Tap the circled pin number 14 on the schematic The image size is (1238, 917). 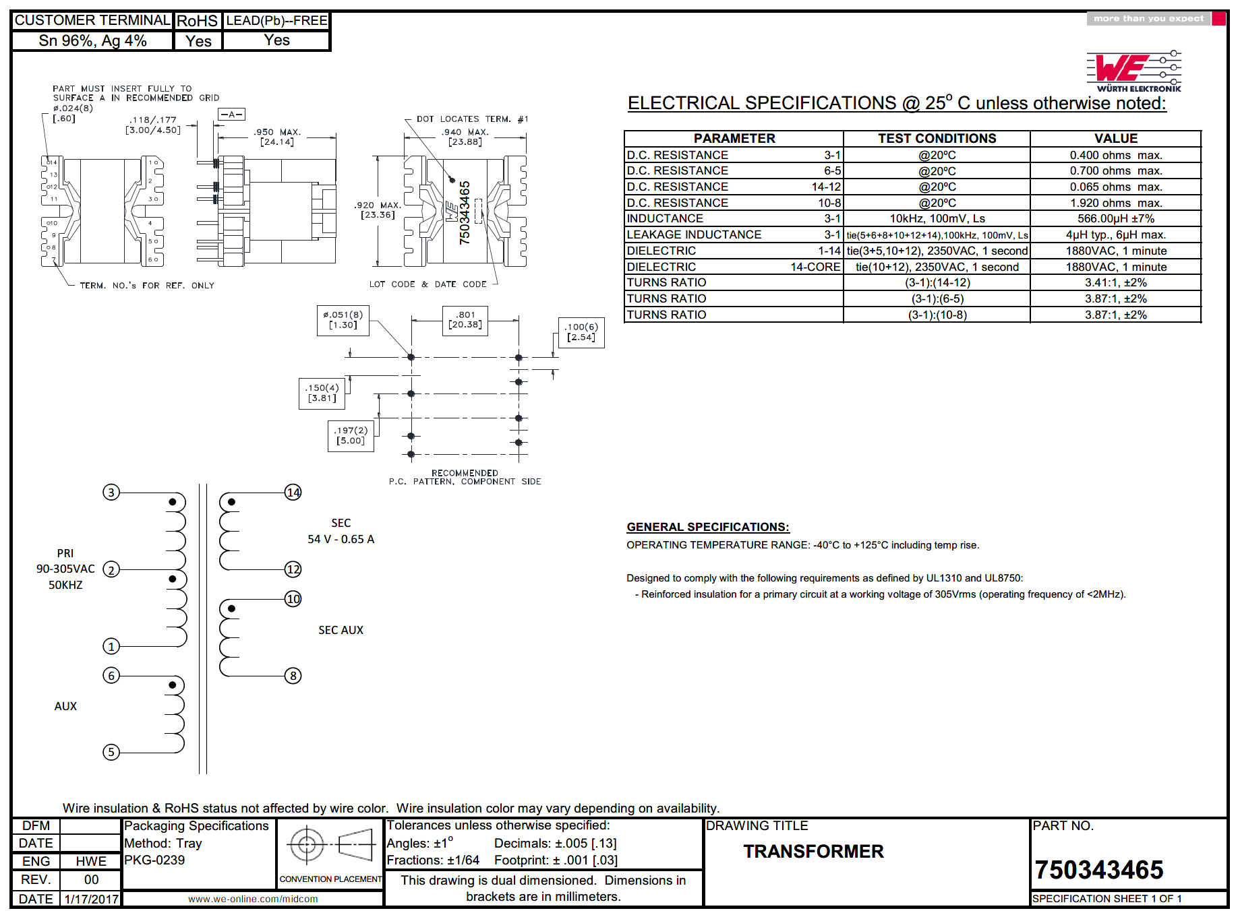coord(293,493)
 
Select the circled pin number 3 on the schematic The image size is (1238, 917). coord(111,493)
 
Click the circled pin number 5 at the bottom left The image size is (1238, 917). coord(111,752)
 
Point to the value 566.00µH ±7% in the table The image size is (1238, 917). coord(1115,219)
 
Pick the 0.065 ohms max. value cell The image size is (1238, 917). coord(1115,187)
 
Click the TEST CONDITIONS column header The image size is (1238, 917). coord(937,139)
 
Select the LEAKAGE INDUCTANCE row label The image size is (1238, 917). coord(694,235)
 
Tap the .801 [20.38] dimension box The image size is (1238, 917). coord(465,320)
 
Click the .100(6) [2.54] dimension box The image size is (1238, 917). coord(581,332)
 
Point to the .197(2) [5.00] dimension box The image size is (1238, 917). coord(351,436)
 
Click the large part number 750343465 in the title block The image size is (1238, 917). coord(1099,870)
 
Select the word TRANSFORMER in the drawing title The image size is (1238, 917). coord(813,852)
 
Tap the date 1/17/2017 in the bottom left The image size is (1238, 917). coord(91,899)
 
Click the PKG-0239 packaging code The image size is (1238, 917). coord(154,860)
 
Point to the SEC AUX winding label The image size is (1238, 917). coord(341,630)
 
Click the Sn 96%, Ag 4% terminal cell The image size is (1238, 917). coord(92,41)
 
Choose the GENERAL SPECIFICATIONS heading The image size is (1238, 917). coord(707,527)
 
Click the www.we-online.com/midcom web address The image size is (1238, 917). coord(253,899)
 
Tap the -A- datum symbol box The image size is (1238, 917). coord(231,115)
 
